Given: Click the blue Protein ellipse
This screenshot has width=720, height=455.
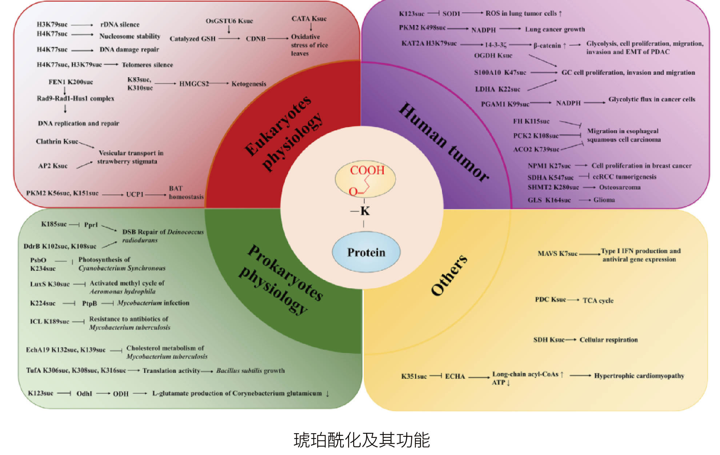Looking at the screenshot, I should [x=366, y=252].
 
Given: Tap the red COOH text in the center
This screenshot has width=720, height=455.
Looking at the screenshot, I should [x=367, y=170].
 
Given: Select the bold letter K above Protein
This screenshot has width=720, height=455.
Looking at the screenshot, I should [x=365, y=211].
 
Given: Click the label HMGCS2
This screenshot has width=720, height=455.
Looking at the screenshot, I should [x=194, y=84].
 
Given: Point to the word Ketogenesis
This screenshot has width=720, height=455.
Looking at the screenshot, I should [x=249, y=84].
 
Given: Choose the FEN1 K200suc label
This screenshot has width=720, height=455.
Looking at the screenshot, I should [x=71, y=82].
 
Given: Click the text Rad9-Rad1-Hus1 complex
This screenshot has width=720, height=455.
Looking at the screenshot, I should [x=76, y=99].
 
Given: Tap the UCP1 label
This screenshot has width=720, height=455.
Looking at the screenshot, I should [x=135, y=194].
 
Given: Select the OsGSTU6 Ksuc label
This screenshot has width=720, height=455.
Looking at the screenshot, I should [x=229, y=21].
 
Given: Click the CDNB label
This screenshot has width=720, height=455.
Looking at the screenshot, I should [x=256, y=39].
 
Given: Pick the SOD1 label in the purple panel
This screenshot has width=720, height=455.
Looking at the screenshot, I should [x=451, y=14].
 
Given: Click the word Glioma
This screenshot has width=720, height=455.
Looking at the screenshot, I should [x=604, y=200].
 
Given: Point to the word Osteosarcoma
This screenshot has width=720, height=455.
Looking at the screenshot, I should [x=620, y=187].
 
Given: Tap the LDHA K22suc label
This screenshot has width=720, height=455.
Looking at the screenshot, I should [x=497, y=89].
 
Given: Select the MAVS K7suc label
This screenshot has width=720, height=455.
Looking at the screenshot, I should [x=557, y=254].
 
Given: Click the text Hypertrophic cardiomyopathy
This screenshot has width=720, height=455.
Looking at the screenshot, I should [x=639, y=376].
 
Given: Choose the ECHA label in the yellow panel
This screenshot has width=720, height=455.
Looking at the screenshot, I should [x=455, y=376].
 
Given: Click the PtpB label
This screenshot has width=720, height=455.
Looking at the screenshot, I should [x=89, y=303].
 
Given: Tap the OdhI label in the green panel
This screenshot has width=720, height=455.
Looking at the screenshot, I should [x=84, y=394].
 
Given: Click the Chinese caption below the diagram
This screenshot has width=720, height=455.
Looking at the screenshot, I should [x=361, y=440].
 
